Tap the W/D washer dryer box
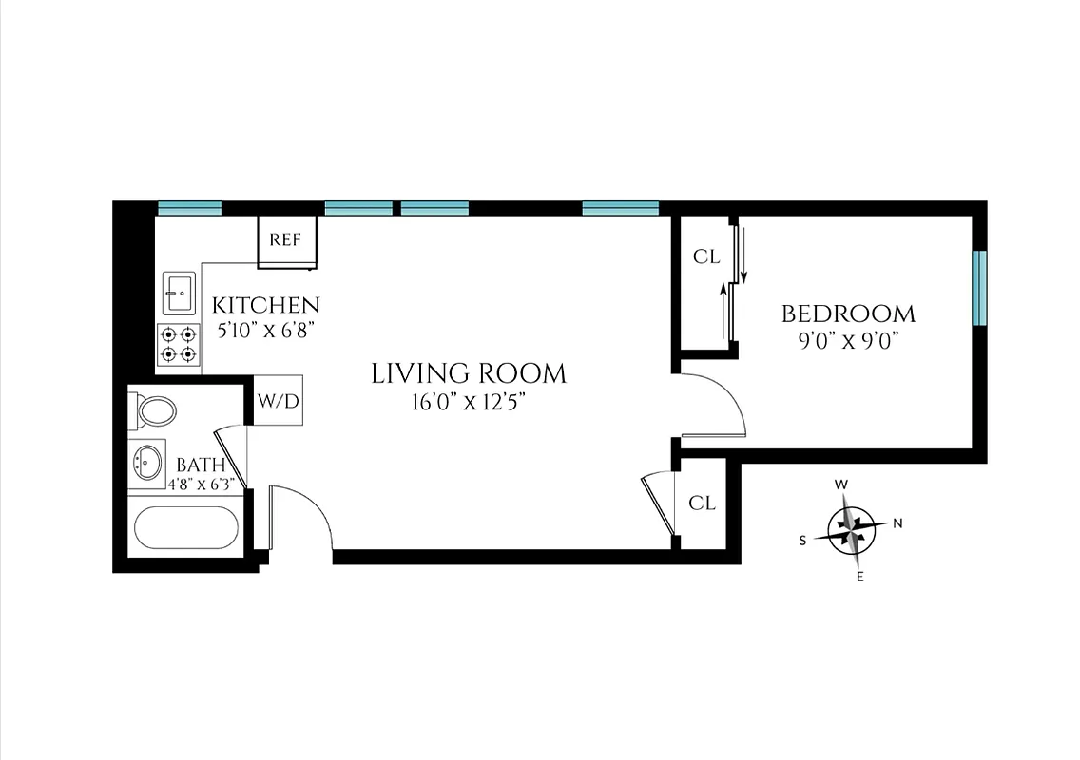(278, 401)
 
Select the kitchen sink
(179, 293)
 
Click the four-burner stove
(179, 344)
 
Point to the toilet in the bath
(156, 411)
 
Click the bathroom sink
(147, 464)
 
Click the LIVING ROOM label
(468, 373)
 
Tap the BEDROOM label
(848, 313)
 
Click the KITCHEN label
(265, 305)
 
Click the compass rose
(851, 529)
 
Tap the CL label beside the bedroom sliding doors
(705, 256)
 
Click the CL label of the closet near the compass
(702, 503)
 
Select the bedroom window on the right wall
(979, 288)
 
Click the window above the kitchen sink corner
(189, 208)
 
